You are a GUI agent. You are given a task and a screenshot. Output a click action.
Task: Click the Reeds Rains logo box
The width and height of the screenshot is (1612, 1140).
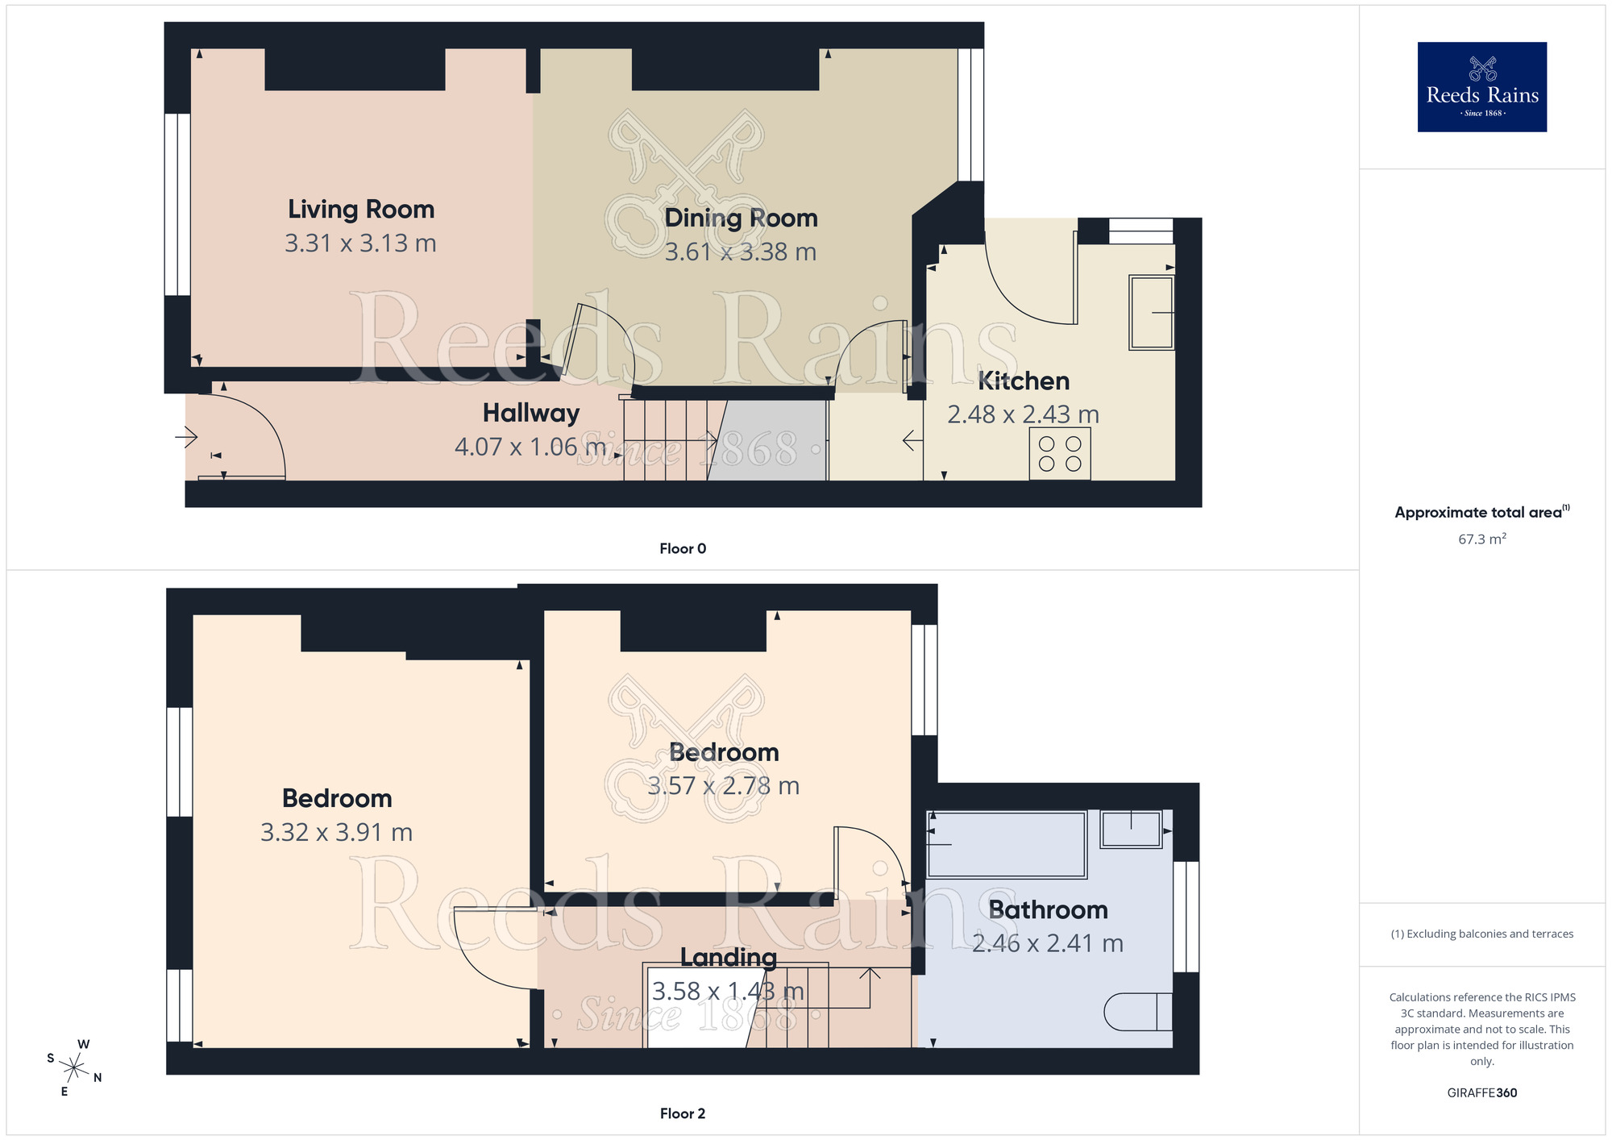[1481, 87]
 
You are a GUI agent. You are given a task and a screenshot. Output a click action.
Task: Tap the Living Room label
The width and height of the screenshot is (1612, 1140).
[361, 210]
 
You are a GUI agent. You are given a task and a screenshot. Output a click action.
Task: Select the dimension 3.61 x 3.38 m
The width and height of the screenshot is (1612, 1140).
[740, 252]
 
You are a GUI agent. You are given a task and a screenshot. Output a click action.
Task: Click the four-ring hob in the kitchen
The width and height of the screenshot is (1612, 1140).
[1060, 454]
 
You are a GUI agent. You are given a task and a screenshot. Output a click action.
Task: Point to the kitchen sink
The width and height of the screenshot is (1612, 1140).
[1151, 312]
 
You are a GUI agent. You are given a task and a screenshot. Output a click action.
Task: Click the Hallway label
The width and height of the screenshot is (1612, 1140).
[531, 414]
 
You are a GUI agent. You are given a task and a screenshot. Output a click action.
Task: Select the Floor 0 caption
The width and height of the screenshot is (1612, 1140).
[683, 549]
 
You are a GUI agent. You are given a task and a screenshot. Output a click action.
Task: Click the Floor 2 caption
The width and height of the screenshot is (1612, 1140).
[683, 1113]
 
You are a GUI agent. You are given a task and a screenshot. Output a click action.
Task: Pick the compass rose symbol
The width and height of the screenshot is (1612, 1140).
[74, 1069]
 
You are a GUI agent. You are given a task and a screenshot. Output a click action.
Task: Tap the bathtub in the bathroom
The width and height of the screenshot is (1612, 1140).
[1007, 844]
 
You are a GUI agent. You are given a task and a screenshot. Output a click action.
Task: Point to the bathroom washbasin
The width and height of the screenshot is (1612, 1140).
[1132, 830]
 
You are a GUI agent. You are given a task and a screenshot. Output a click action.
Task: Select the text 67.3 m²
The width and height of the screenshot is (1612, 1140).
[1481, 539]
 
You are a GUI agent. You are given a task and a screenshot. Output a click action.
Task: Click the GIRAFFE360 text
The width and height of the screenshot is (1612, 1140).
[1481, 1093]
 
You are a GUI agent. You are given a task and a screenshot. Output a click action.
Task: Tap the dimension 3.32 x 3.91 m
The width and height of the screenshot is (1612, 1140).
[336, 832]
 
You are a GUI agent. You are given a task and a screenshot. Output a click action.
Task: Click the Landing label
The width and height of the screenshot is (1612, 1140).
[729, 958]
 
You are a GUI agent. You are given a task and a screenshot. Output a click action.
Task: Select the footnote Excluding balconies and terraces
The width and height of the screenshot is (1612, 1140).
[1481, 934]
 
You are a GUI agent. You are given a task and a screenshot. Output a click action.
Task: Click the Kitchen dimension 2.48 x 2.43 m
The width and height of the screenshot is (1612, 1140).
[1023, 414]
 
